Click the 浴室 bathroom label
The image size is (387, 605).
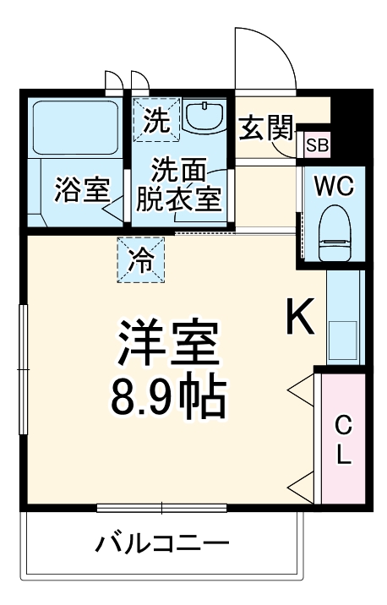(82, 189)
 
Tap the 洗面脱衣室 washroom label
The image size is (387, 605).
(179, 185)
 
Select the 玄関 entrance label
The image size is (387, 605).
(265, 128)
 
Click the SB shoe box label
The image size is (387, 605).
(317, 144)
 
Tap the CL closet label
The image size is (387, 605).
(343, 439)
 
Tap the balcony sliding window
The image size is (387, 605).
(163, 508)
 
